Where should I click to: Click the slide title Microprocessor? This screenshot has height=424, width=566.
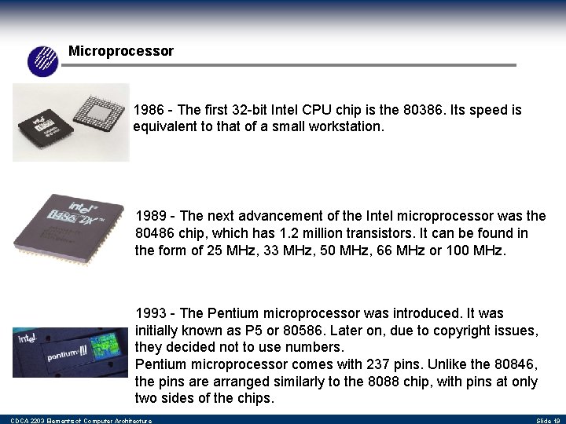120,51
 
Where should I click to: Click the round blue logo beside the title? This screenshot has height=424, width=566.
43,60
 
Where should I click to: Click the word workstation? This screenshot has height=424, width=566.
344,126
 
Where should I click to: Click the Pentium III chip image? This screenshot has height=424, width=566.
69,346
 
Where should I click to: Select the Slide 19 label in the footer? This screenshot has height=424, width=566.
547,421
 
